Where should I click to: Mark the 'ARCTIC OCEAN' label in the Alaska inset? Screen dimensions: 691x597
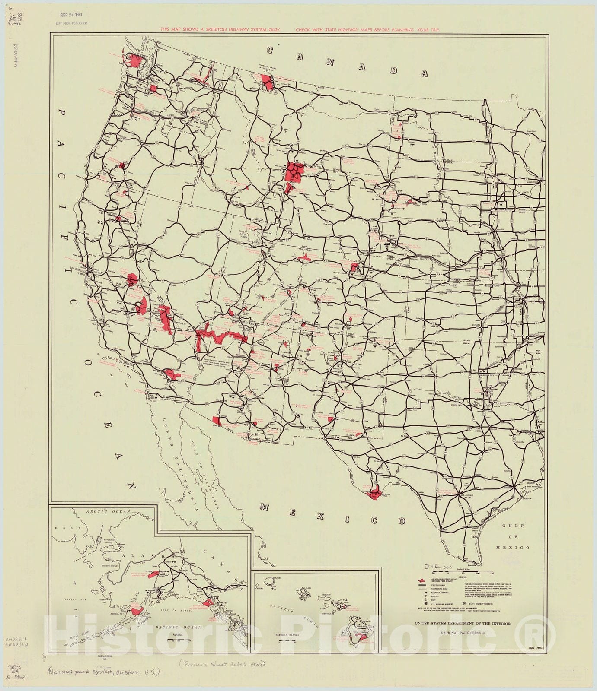point(102,512)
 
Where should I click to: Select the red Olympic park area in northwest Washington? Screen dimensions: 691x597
point(133,60)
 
